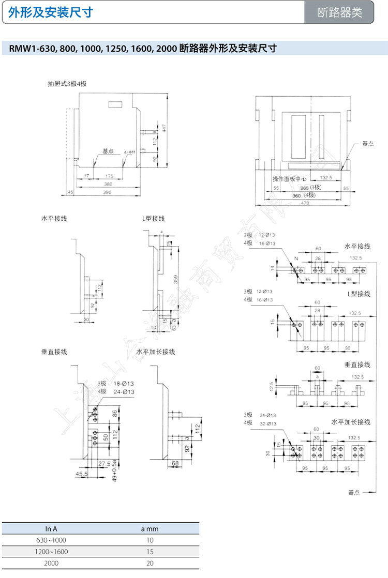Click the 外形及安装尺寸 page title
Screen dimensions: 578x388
click(x=50, y=12)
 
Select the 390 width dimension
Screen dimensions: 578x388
click(x=108, y=192)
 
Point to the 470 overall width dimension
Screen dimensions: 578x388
click(x=304, y=204)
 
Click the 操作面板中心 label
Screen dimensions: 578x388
click(x=290, y=179)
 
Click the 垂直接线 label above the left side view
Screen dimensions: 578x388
click(x=54, y=352)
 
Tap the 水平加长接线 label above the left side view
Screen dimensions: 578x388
click(x=156, y=352)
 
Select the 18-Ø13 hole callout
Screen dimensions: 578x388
click(x=124, y=383)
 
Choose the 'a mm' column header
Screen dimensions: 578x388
click(x=150, y=528)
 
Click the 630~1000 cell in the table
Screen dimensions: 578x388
click(x=51, y=540)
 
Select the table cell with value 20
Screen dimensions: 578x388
click(x=150, y=563)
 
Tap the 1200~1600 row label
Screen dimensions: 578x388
click(x=51, y=552)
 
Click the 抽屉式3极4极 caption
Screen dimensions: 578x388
click(x=67, y=83)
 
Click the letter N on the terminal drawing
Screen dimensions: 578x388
click(x=296, y=258)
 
